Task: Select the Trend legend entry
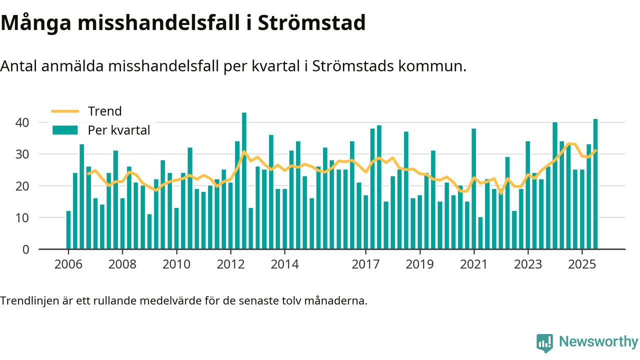tap(104, 111)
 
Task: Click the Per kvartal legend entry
tap(119, 130)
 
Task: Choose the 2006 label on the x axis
tap(68, 264)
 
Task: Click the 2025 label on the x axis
tap(582, 264)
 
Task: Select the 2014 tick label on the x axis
tap(284, 264)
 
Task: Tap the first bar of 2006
tap(68, 230)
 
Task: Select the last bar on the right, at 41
tap(595, 184)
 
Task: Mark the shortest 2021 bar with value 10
tap(480, 233)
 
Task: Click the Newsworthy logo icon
tap(544, 343)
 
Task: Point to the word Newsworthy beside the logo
tap(598, 342)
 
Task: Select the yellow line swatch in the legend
tap(65, 111)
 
